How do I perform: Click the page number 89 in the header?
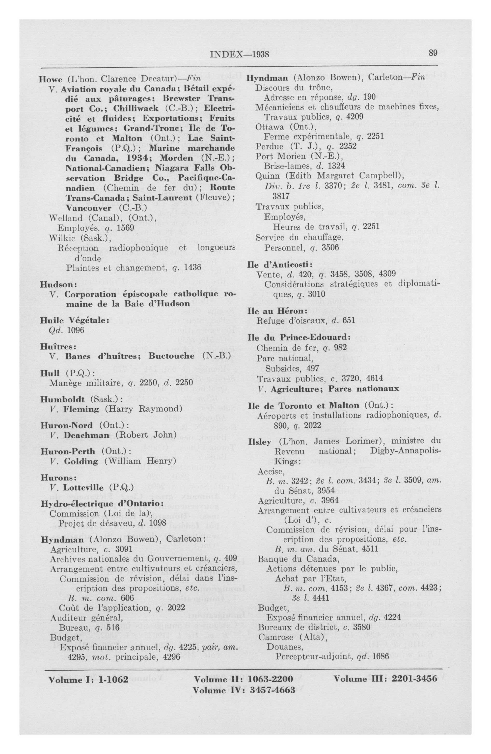tap(433, 53)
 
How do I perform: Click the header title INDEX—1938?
tap(240, 54)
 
